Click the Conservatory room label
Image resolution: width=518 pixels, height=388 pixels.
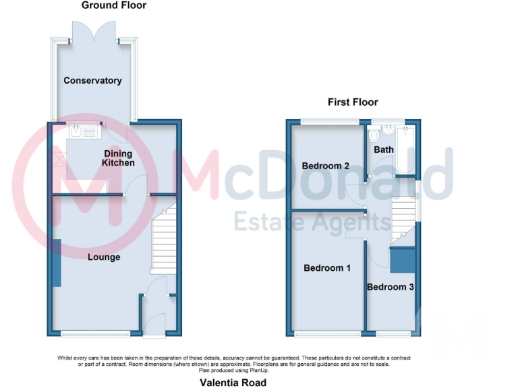[x=92, y=81]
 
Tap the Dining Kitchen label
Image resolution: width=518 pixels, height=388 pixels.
[x=118, y=158]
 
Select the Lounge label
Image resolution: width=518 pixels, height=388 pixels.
[x=103, y=257]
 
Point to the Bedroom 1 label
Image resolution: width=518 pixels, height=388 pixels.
[x=327, y=268]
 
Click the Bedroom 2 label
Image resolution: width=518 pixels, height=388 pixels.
[x=325, y=166]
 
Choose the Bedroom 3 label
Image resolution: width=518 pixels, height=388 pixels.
[x=390, y=288]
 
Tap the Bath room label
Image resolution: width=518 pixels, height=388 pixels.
[x=384, y=150]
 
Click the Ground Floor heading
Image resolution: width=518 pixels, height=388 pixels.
[x=114, y=5]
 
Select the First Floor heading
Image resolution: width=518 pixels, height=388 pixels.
[x=353, y=102]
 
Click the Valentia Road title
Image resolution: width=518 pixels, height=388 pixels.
[x=233, y=383]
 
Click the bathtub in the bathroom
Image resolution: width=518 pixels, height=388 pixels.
[x=405, y=150]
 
